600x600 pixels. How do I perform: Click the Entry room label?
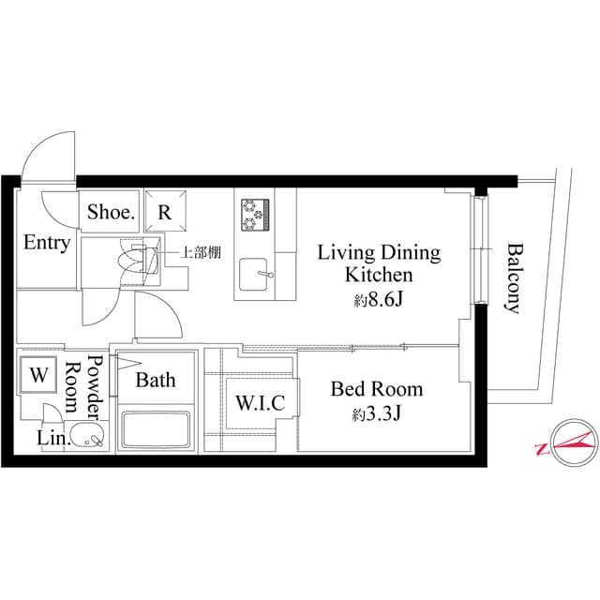pyautogui.click(x=47, y=243)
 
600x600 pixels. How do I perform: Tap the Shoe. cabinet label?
pyautogui.click(x=112, y=213)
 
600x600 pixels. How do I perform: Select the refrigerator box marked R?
pyautogui.click(x=165, y=212)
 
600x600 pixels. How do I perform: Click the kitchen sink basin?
pyautogui.click(x=254, y=276)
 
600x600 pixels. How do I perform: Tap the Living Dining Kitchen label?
pyautogui.click(x=379, y=263)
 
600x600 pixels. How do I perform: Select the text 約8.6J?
pyautogui.click(x=379, y=300)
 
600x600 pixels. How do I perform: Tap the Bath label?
pyautogui.click(x=155, y=381)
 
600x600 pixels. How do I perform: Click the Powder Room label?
pyautogui.click(x=83, y=386)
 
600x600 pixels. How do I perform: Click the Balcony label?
pyautogui.click(x=514, y=277)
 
